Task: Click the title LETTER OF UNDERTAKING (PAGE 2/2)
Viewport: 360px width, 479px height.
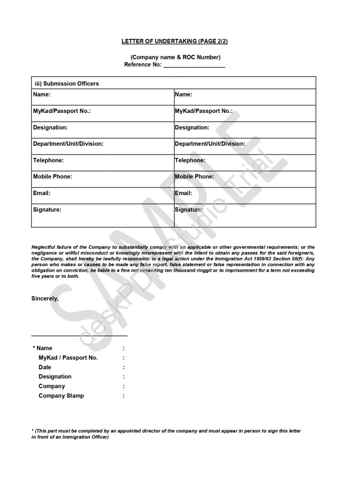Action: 174,41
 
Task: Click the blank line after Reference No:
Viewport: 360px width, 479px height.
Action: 194,65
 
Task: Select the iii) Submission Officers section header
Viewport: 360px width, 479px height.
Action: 67,83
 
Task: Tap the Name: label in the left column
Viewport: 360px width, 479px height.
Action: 42,94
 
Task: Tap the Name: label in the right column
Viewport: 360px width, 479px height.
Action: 183,94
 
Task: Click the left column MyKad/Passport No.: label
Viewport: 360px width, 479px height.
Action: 61,111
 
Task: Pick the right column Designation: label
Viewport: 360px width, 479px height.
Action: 192,127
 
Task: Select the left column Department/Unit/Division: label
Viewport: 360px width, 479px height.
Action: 68,144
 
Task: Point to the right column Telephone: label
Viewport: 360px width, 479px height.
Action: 190,160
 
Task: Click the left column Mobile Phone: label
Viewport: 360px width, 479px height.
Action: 52,177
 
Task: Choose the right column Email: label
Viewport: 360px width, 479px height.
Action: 183,193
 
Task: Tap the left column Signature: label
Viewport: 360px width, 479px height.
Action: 47,210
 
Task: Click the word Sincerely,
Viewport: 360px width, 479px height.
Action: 45,299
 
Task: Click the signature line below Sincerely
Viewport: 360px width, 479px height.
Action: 79,336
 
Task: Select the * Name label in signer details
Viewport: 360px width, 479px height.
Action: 43,348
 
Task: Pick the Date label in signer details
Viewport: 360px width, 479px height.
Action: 45,367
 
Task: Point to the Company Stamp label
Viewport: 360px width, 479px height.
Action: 61,396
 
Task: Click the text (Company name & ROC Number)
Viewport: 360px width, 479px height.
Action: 175,57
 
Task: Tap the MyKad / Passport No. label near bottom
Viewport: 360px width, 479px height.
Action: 68,358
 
